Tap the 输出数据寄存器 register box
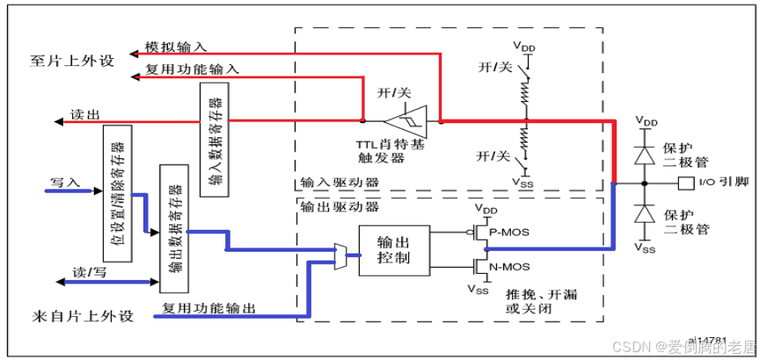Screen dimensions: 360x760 coord(172,227)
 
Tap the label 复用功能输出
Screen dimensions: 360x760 coord(208,309)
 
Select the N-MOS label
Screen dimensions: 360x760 coord(511,265)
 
